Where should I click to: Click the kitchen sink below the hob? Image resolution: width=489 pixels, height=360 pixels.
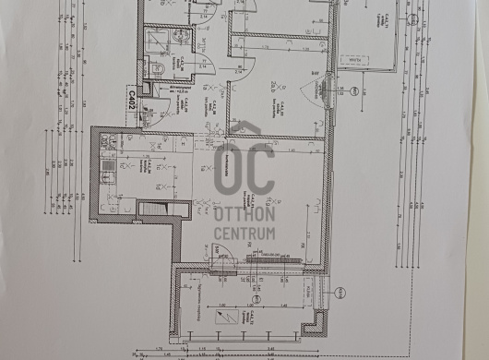pos(109,196)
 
